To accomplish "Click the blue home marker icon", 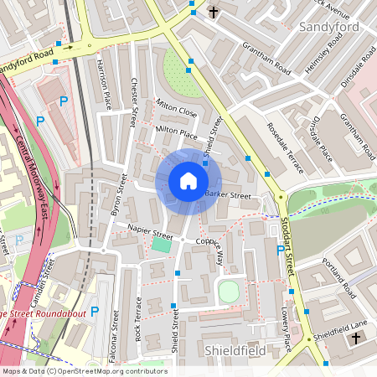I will pyautogui.click(x=188, y=181).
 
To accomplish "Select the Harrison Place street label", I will pyautogui.click(x=105, y=83).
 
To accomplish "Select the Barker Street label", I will pyautogui.click(x=228, y=196).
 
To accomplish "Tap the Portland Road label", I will pyautogui.click(x=339, y=276).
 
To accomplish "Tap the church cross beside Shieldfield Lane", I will pyautogui.click(x=355, y=338).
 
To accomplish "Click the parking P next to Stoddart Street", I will pyautogui.click(x=280, y=250).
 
